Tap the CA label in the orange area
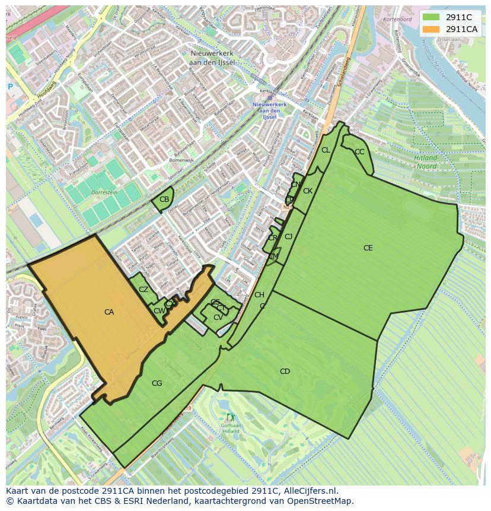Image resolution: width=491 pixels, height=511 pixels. click(x=109, y=312)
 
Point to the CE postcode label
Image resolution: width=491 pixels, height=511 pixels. click(x=368, y=248)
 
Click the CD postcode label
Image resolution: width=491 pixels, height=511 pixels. click(x=285, y=372)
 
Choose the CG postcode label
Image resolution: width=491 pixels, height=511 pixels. click(x=157, y=383)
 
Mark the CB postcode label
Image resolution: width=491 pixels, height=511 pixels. click(x=164, y=199)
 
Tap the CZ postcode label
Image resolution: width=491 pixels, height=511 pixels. click(x=144, y=290)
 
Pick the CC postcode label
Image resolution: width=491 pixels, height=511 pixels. click(x=359, y=152)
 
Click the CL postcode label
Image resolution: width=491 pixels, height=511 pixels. click(x=326, y=150)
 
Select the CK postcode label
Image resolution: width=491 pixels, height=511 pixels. click(x=308, y=191)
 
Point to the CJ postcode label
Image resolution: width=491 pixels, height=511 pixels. click(x=289, y=237)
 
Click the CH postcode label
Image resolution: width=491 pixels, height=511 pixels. click(x=259, y=295)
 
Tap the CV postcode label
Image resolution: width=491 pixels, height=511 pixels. click(x=218, y=318)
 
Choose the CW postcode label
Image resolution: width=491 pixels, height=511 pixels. click(x=159, y=311)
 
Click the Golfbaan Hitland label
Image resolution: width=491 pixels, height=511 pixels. click(x=230, y=428)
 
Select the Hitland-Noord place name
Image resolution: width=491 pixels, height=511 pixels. click(x=425, y=163)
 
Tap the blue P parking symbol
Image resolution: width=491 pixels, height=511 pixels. click(x=10, y=87)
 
